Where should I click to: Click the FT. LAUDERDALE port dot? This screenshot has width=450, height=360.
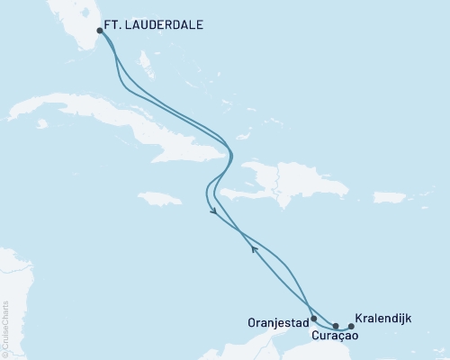pos(99,31)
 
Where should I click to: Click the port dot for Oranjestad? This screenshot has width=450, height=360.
pos(313,319)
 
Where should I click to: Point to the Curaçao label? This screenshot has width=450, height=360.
pos(335,336)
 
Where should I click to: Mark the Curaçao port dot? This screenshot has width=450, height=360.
pos(335,326)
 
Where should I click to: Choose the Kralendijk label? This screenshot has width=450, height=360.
pos(384,318)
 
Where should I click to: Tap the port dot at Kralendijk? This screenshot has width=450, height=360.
pos(351,326)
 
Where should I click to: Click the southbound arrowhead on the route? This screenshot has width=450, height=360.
pos(213,212)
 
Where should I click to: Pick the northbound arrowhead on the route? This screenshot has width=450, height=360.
pos(255,249)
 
